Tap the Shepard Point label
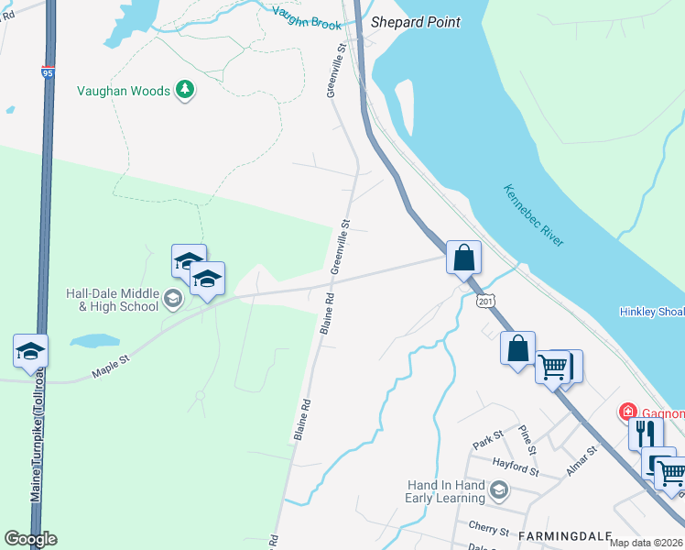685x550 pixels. [x=415, y=22]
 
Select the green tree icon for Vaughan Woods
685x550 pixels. [x=186, y=90]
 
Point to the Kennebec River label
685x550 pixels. [x=533, y=215]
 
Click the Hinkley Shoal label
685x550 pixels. [x=651, y=313]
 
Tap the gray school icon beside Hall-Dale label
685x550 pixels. [x=172, y=297]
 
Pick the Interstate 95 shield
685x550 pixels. [x=48, y=71]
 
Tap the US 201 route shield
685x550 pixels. [x=486, y=301]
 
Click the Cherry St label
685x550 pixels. [x=488, y=530]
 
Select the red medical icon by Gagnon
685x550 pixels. [x=628, y=412]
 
